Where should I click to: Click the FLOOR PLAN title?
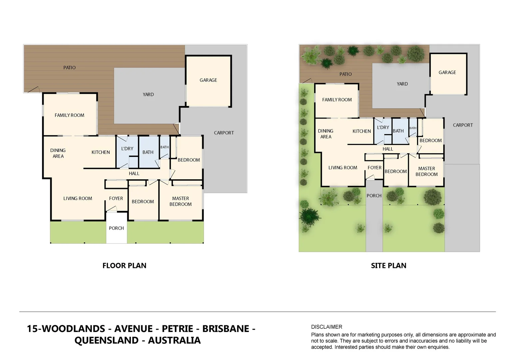pos(124,266)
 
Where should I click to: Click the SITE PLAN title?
pos(388,266)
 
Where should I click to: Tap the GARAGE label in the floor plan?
pos(208,80)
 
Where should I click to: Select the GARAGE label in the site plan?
pos(447,72)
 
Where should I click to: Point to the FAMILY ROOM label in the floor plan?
pos(69,115)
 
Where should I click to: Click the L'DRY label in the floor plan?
pos(127,149)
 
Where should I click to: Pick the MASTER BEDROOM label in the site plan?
pos(426,171)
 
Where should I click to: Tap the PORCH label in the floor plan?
pos(116,228)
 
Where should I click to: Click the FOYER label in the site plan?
pos(374,168)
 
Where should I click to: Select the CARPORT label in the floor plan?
pos(224,133)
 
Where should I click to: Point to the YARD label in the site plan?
pos(402,84)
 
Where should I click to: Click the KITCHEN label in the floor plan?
pos(101,152)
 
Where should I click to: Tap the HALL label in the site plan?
pos(388,149)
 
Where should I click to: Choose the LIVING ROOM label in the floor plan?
pos(78,198)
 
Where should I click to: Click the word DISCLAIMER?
pos(326,327)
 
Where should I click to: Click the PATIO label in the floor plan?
pos(69,68)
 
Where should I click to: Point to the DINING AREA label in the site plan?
pos(325,134)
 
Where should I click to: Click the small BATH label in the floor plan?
pos(165,147)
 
